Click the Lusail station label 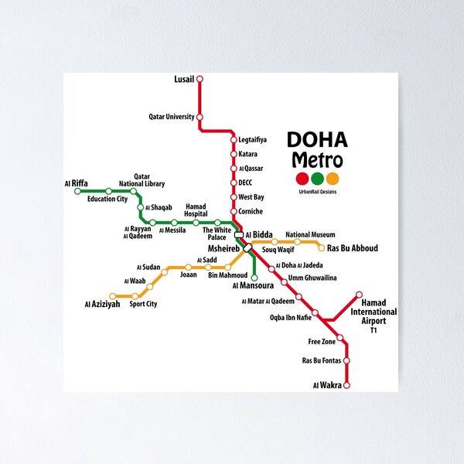(184, 79)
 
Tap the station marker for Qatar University (200, 118)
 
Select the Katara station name (248, 154)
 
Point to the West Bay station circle (233, 197)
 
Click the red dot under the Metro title (302, 179)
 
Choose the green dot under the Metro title (318, 179)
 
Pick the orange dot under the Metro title (333, 179)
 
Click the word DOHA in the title (317, 140)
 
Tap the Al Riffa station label (76, 183)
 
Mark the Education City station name (107, 199)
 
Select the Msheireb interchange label (224, 249)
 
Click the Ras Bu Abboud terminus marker (321, 248)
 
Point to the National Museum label (310, 234)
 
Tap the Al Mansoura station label (252, 285)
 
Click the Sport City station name (143, 304)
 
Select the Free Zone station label (322, 341)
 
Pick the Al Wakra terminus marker (346, 384)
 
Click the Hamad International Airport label (374, 312)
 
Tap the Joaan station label (188, 275)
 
